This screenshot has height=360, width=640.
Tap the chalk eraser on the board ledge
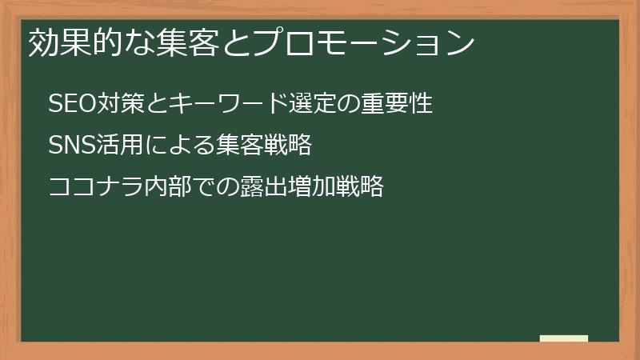[564, 338]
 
